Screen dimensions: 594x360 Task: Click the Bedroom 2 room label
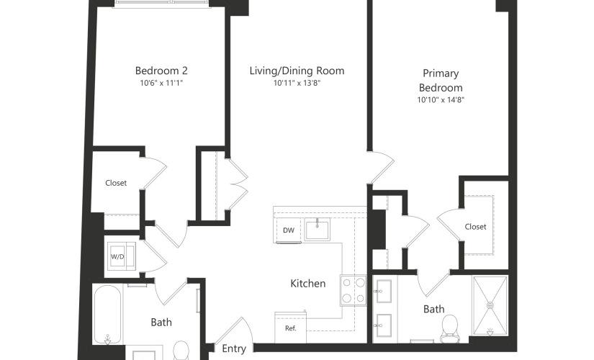[x=161, y=71]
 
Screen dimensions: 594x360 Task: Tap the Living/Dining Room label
[x=297, y=71]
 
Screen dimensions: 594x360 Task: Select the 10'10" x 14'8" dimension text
[x=441, y=100]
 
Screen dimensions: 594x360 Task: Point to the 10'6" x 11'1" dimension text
[x=161, y=83]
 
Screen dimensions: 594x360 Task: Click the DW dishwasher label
[x=288, y=230]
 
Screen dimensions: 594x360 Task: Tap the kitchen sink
[x=318, y=230]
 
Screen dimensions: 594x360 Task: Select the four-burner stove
[x=353, y=290]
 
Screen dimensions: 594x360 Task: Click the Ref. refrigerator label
[x=291, y=328]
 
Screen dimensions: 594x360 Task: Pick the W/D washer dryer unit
[x=121, y=256]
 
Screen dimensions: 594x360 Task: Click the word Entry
[x=234, y=348]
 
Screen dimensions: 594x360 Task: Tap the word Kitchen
[x=308, y=284]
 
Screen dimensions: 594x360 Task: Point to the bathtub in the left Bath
[x=107, y=315]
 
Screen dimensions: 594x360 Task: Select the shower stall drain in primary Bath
[x=490, y=305]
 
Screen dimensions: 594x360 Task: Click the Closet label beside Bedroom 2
[x=116, y=183]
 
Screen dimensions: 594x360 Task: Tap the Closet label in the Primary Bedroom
[x=475, y=227]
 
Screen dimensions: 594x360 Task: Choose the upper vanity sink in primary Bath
[x=383, y=291]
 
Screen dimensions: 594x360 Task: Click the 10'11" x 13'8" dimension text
[x=297, y=83]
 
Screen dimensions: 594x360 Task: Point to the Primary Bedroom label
[x=441, y=81]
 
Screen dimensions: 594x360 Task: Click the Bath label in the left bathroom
[x=161, y=323]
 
